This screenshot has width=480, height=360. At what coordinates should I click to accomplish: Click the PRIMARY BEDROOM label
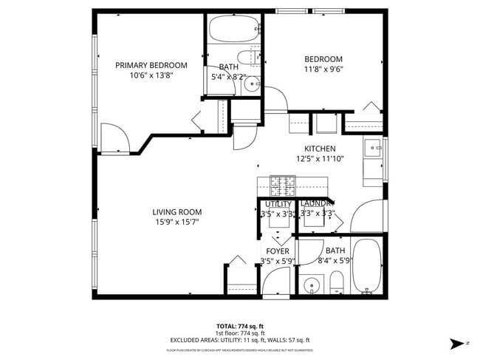(151, 65)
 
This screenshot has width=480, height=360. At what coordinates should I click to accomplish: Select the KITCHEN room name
(320, 149)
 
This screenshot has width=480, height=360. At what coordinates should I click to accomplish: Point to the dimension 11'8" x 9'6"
(323, 69)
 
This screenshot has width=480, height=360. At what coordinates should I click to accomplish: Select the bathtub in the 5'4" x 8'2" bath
(233, 30)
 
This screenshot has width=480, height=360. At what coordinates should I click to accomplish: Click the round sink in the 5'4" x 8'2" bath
(253, 84)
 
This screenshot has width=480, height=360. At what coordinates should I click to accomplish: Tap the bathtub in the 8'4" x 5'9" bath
(366, 266)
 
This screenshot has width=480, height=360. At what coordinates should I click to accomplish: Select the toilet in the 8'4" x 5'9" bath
(336, 282)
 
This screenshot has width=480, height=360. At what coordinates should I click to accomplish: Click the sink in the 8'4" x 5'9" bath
(312, 284)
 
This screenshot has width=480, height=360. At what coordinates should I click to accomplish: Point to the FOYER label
(278, 251)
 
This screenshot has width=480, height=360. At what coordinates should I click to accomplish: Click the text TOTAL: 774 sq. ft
(240, 326)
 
